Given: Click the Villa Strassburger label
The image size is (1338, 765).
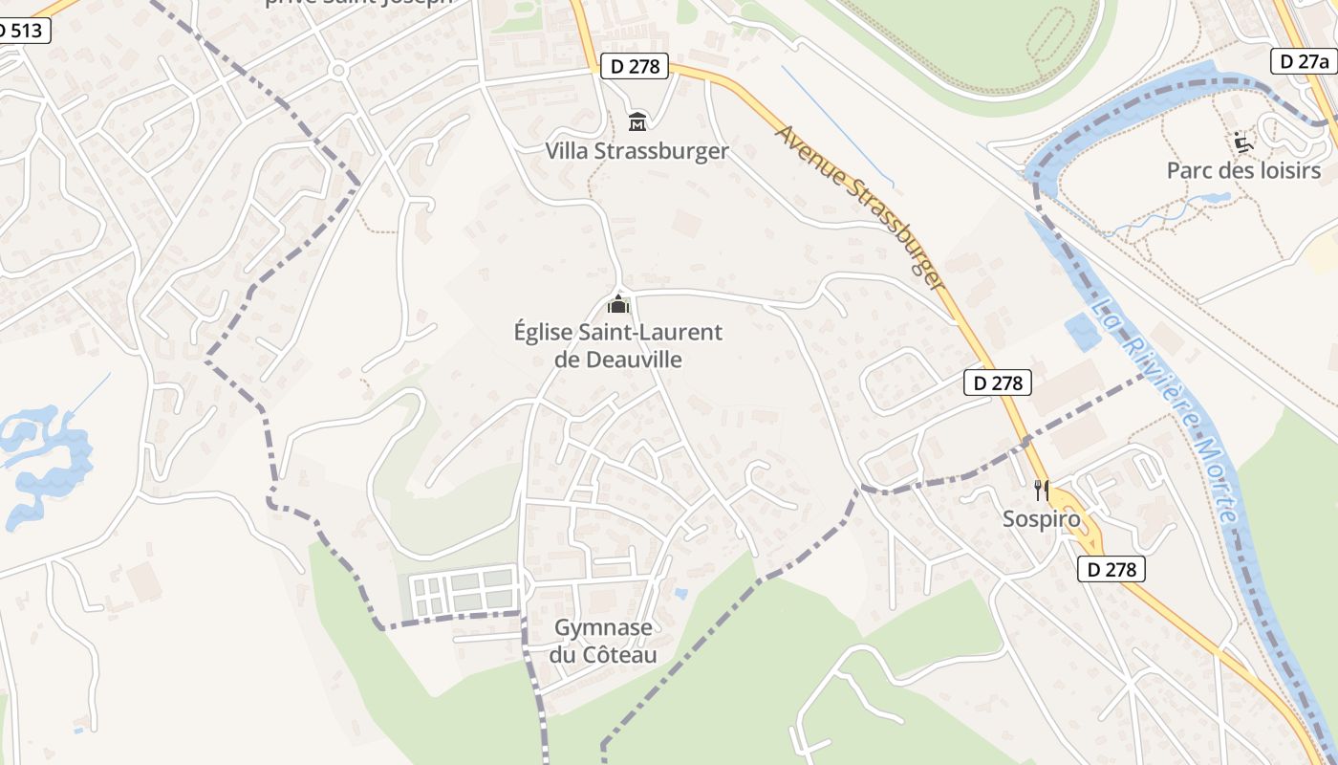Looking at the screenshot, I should pos(637,151).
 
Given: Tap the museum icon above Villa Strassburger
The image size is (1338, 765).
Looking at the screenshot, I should pos(637,121).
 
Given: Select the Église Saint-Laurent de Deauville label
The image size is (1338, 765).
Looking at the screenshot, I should pos(618,345).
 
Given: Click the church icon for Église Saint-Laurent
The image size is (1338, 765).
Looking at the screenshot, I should pos(618,306).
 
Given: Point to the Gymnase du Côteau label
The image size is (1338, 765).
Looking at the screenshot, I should pos(603,642).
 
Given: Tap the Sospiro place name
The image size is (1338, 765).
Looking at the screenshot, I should pos(1041,519).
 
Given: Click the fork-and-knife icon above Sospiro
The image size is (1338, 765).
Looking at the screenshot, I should pos(1042,491).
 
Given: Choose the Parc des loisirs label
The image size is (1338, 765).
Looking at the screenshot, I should pos(1243,170).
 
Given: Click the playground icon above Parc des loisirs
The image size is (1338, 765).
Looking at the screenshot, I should pos(1243,142).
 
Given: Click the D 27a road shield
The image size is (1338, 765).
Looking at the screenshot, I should pos(1305,61).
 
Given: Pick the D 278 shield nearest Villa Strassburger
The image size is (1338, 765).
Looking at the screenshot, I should pos(634,66).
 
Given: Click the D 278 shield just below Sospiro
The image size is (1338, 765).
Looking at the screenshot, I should pos(1111,569).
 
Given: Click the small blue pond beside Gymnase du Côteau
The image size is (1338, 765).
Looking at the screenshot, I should pos(680,594).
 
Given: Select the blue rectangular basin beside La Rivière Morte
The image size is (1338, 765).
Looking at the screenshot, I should pos(1082,332).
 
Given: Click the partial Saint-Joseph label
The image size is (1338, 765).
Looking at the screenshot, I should pos(357,3).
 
